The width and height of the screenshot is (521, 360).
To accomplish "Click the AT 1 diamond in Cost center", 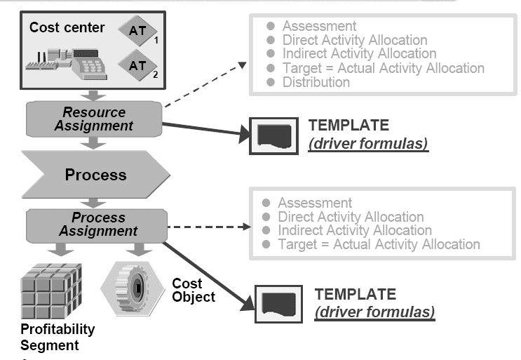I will coord(137,30).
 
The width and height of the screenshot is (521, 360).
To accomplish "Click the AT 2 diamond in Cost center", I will coord(137,66).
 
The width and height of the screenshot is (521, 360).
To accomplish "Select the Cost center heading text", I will coord(67,28).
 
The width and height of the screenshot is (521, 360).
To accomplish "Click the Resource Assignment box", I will coord(94,119).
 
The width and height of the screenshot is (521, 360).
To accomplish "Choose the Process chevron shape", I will coord(95,174).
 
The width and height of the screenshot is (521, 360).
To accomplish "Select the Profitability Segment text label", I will coord(57,337).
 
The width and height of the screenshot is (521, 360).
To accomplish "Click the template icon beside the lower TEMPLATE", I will coord(278,304).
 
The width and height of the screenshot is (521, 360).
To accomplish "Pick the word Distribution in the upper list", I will coord(316,82).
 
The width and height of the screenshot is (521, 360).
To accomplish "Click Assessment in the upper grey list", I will coord(319,27).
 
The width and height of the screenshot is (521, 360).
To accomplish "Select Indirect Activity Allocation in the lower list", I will coord(355,230).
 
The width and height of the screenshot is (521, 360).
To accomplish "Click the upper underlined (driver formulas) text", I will coord(368,144).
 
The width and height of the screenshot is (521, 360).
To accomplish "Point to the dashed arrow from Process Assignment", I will coord(207,227).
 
